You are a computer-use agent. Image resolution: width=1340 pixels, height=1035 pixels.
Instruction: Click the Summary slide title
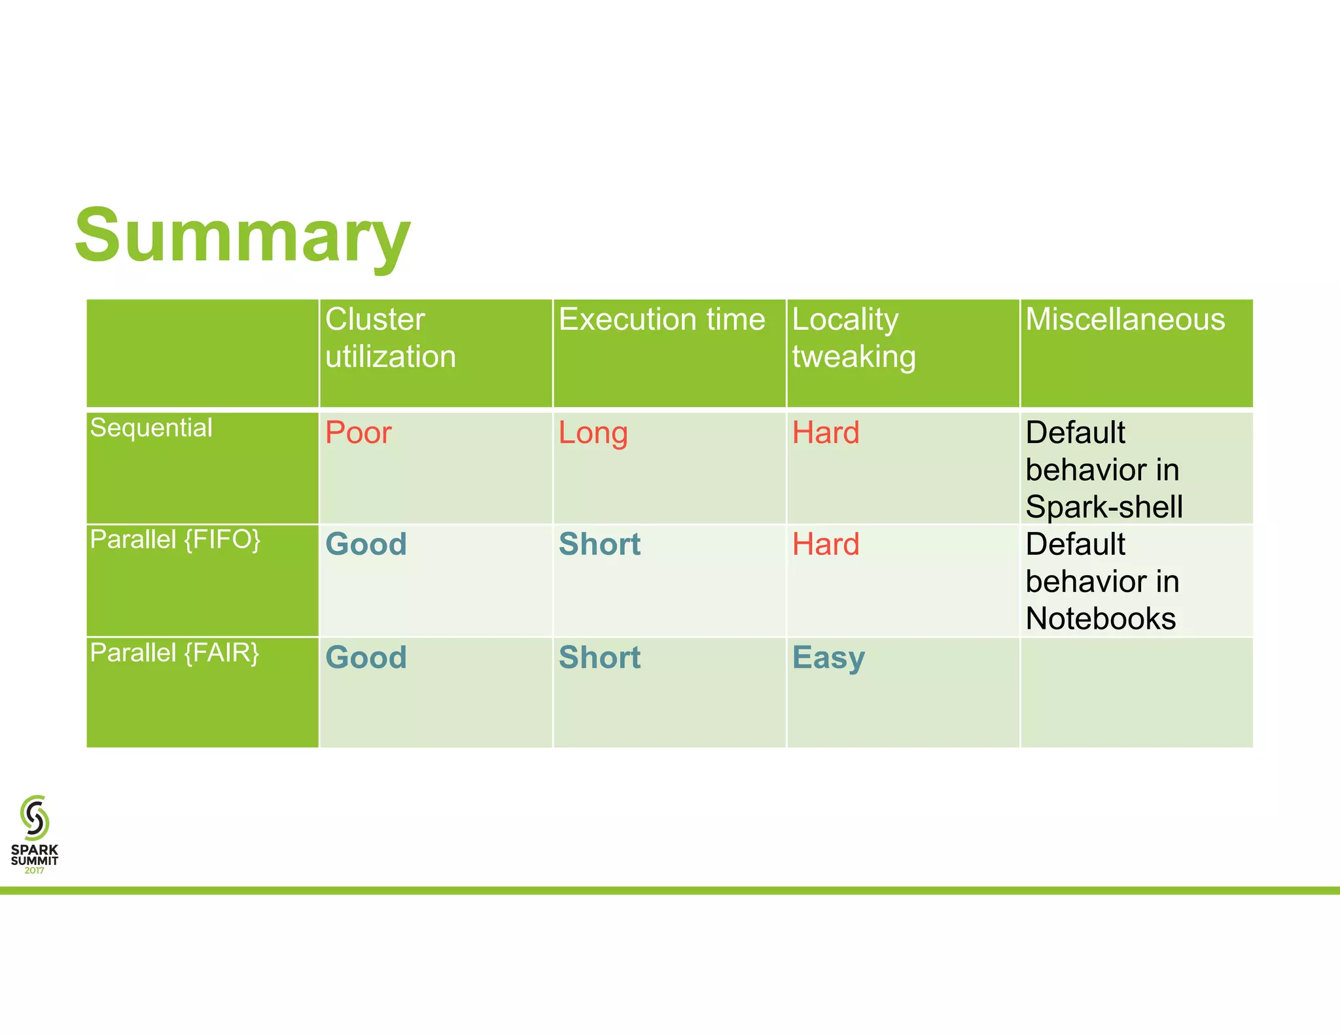(242, 236)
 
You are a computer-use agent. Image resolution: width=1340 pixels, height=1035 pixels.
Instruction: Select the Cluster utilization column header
(390, 338)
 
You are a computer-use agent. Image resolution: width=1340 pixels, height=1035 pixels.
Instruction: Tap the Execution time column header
(661, 320)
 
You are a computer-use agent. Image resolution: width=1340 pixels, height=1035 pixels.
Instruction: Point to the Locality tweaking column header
(853, 338)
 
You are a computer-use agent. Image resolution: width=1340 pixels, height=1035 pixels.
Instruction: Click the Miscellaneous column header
(1125, 320)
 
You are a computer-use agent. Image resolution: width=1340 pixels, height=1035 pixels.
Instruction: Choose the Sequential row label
(151, 428)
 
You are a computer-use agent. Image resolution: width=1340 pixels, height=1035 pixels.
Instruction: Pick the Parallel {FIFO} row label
(175, 540)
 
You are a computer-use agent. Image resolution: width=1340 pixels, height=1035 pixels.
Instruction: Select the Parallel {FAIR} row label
(175, 653)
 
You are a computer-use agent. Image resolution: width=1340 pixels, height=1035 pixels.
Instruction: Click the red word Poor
(358, 433)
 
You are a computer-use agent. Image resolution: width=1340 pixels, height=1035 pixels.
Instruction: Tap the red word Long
(593, 433)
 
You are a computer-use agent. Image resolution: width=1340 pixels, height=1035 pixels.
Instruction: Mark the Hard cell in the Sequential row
(825, 433)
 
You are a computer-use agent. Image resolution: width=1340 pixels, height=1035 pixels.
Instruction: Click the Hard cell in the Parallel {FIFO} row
(825, 544)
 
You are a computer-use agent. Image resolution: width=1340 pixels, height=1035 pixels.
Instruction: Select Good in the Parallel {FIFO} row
(366, 544)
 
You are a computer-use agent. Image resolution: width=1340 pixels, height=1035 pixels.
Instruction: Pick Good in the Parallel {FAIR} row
(366, 658)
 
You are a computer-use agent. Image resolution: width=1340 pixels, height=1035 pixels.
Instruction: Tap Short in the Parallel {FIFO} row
(599, 544)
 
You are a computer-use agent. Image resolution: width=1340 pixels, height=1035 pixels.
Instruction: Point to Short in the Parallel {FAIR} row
(599, 658)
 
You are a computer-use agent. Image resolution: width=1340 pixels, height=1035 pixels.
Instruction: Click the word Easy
(828, 658)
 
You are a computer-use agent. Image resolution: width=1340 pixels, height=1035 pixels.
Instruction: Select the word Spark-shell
(1104, 507)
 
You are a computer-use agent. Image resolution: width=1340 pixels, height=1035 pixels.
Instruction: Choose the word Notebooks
(1101, 619)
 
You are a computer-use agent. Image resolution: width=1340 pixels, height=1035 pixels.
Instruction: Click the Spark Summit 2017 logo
(35, 834)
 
